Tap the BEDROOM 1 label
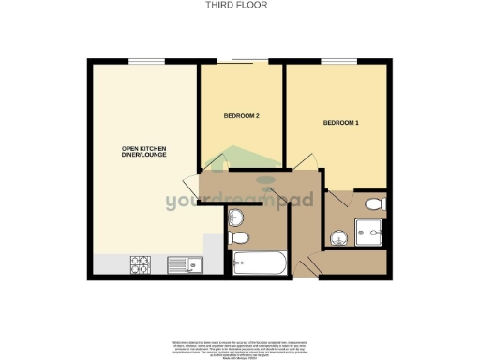342,123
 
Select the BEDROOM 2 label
241,117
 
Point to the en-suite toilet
374,203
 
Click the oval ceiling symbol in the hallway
266,179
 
